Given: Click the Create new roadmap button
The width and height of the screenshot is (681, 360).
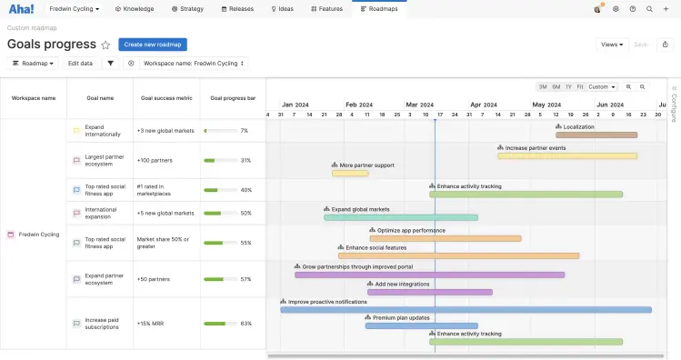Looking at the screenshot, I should tap(153, 44).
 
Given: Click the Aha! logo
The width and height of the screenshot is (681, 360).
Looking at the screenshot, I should tap(21, 8).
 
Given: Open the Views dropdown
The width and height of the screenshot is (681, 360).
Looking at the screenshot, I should tap(613, 44).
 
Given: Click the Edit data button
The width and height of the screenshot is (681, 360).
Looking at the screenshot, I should tap(80, 64).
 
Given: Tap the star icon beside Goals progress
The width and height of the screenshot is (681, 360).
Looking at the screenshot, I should tap(105, 45).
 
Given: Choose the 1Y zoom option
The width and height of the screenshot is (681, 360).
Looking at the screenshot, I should tap(568, 87).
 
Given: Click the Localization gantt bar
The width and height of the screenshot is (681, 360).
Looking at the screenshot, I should tap(596, 135).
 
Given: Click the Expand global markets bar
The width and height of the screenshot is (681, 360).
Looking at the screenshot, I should tap(400, 217).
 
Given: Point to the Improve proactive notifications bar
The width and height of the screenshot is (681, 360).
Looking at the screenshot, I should tap(466, 310).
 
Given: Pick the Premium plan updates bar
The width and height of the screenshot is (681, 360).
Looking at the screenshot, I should tap(421, 325).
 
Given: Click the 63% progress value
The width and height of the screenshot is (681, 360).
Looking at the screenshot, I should tap(245, 324).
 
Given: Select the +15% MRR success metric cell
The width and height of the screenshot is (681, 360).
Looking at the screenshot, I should tap(151, 324).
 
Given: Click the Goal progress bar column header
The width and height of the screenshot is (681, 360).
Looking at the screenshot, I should tap(233, 97).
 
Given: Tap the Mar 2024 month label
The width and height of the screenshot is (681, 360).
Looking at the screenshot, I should tap(419, 105).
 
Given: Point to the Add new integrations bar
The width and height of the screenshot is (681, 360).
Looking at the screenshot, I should tap(429, 292).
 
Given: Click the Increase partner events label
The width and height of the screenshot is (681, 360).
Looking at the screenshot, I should tap(535, 147).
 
